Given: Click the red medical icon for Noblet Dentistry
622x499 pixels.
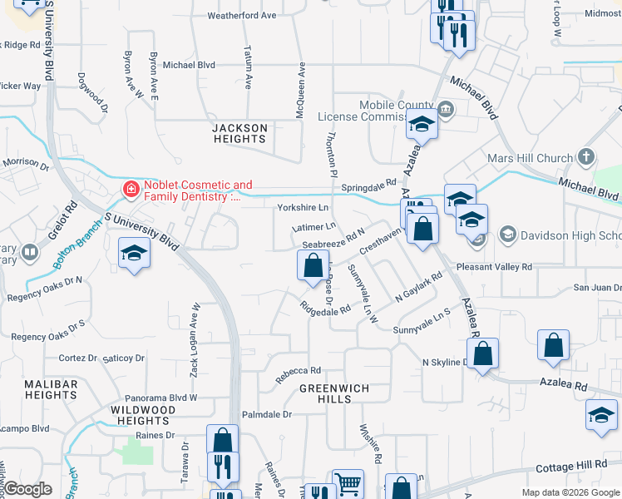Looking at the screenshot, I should click(131, 190).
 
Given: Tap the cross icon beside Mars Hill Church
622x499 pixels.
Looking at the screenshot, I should click(586, 157).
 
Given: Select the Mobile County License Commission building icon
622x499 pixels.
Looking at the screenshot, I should click(445, 110).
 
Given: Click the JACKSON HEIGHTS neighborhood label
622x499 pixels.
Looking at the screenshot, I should click(239, 133).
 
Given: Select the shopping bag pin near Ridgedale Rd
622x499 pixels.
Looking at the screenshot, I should click(313, 266).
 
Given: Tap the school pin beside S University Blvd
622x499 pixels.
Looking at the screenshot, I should click(135, 253).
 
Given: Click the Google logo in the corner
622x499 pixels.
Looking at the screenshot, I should click(27, 489).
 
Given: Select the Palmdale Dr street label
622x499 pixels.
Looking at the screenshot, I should click(267, 413).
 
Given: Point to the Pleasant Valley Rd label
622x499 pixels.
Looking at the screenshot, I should click(494, 267).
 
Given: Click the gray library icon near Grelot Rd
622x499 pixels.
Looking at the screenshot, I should click(29, 250).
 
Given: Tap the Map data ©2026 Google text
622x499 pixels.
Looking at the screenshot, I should click(570, 492).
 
